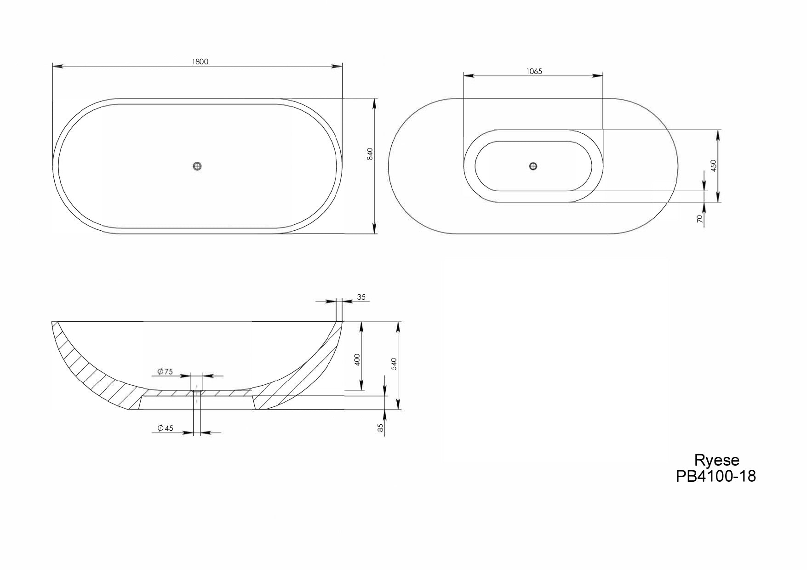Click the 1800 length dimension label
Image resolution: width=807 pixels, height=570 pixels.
pyautogui.click(x=200, y=62)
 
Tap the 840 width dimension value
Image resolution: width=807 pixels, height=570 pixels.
pyautogui.click(x=370, y=154)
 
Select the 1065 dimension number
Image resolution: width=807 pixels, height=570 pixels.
pyautogui.click(x=534, y=71)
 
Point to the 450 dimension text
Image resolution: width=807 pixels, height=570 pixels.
pyautogui.click(x=713, y=165)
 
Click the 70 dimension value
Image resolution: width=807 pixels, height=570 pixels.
pyautogui.click(x=700, y=219)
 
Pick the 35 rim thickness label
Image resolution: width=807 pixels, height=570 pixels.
pyautogui.click(x=361, y=297)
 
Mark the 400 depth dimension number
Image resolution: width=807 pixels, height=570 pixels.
pyautogui.click(x=358, y=359)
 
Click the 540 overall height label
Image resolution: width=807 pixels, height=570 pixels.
pyautogui.click(x=394, y=364)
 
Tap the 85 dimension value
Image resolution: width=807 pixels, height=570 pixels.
pyautogui.click(x=380, y=428)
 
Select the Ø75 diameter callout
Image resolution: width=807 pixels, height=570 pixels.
pyautogui.click(x=165, y=371)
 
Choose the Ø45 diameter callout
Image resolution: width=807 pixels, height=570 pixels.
pyautogui.click(x=165, y=428)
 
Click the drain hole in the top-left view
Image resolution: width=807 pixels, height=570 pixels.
pyautogui.click(x=198, y=166)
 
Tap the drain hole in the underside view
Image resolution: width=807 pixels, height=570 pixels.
pyautogui.click(x=533, y=166)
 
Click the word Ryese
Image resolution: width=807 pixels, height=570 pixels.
pyautogui.click(x=716, y=460)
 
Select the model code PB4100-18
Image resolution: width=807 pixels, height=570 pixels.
pyautogui.click(x=715, y=476)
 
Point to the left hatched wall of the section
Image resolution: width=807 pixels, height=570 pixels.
pyautogui.click(x=92, y=368)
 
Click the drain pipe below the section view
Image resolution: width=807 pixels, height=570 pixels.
pyautogui.click(x=197, y=421)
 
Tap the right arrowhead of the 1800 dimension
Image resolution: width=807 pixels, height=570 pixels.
pyautogui.click(x=338, y=67)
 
